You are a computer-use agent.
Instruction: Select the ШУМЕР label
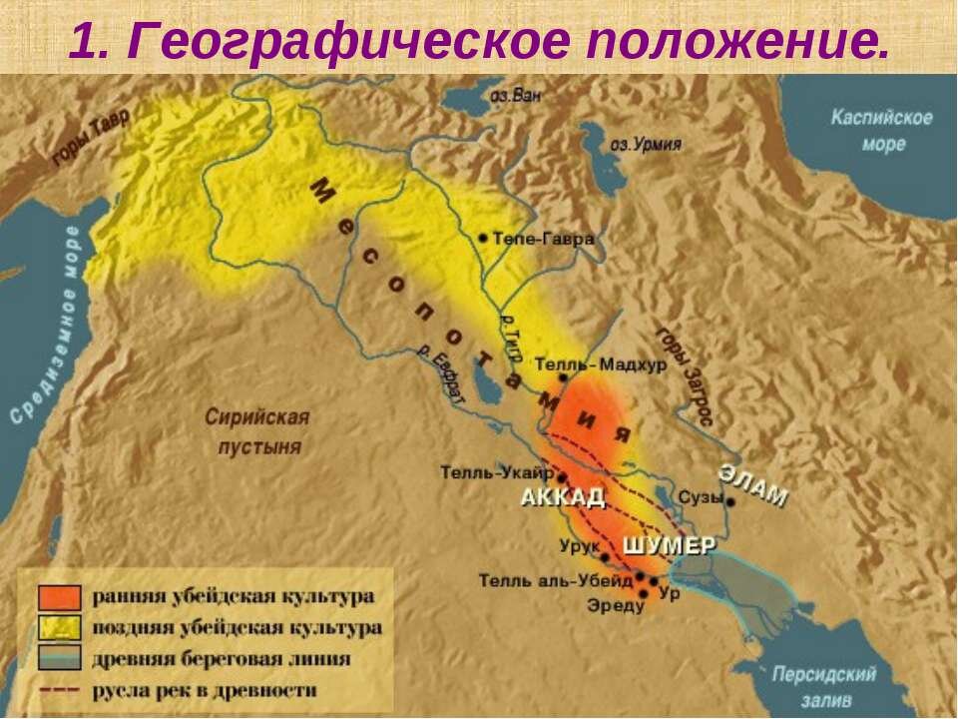[671, 546]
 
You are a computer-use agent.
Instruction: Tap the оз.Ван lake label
[516, 97]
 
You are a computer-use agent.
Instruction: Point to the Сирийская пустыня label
[257, 431]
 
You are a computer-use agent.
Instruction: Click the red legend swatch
[60, 597]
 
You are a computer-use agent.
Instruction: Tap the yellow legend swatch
[60, 628]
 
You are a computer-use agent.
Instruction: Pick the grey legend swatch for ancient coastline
[60, 658]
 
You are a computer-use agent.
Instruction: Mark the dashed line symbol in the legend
[60, 689]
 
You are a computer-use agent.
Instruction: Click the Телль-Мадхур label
[601, 364]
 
